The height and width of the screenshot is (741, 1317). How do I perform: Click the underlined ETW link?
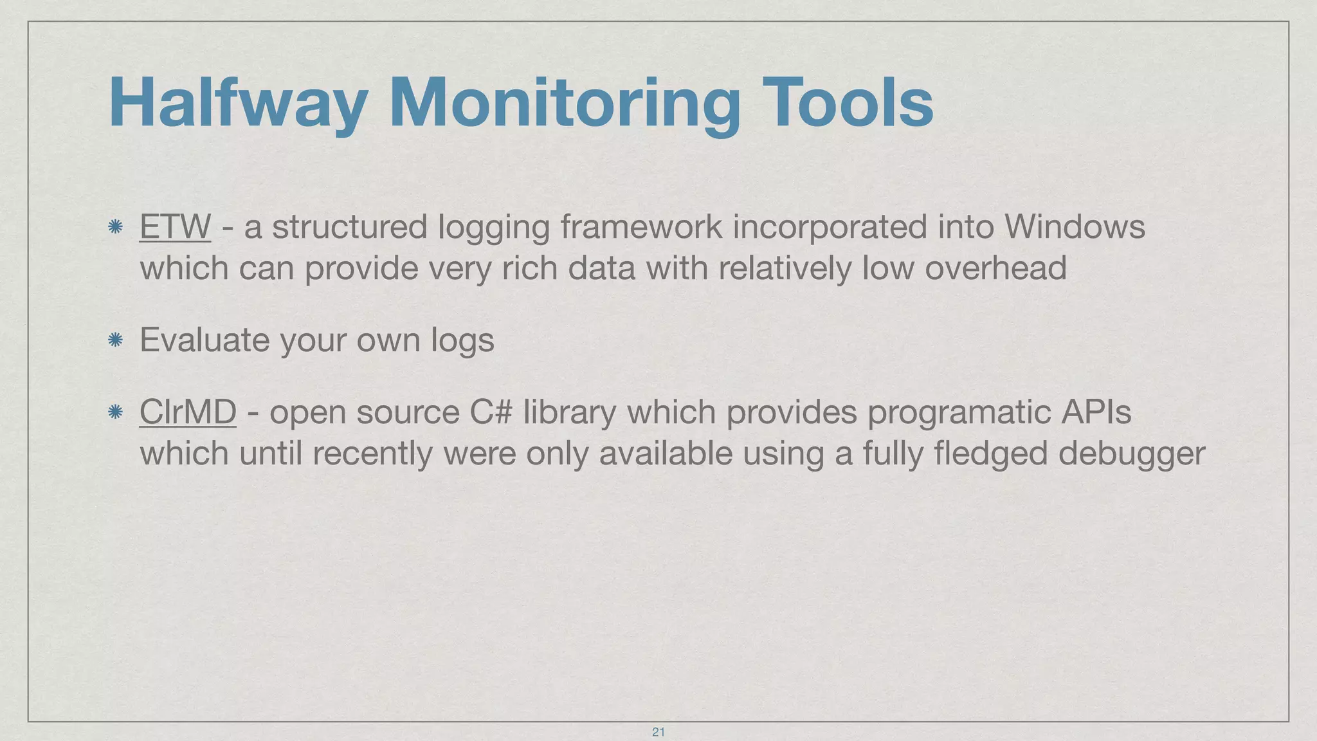coord(175,227)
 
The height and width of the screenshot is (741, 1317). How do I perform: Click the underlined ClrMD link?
coord(188,412)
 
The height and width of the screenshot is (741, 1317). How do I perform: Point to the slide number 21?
coord(658,732)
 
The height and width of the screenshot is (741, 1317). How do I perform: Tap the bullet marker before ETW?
coord(115,227)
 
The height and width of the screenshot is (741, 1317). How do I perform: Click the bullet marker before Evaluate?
coord(115,340)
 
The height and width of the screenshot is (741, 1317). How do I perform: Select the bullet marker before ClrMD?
coord(115,412)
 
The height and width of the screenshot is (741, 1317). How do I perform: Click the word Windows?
coord(1075,227)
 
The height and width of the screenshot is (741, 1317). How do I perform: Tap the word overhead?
coord(995,268)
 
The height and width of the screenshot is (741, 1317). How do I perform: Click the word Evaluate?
coord(204,340)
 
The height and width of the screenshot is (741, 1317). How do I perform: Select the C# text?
coord(491,412)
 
